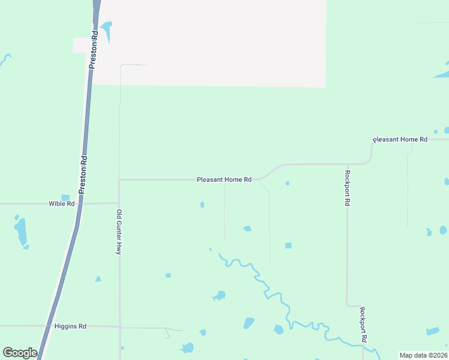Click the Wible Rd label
click(x=61, y=203)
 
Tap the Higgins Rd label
click(x=70, y=326)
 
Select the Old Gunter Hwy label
click(x=119, y=232)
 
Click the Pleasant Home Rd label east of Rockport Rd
click(x=400, y=140)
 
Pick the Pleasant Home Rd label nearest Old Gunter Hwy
click(x=224, y=179)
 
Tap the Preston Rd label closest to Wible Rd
click(x=83, y=175)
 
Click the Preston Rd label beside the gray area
click(x=94, y=50)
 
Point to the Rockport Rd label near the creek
click(x=363, y=325)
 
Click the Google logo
click(x=20, y=353)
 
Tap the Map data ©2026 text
click(x=423, y=355)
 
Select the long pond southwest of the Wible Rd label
click(x=21, y=232)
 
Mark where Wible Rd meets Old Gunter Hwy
click(x=119, y=203)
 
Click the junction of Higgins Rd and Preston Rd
click(x=48, y=326)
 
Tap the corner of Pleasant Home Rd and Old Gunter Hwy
click(x=119, y=179)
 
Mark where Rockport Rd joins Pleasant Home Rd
click(x=347, y=163)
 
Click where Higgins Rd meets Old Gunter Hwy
click(x=119, y=328)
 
